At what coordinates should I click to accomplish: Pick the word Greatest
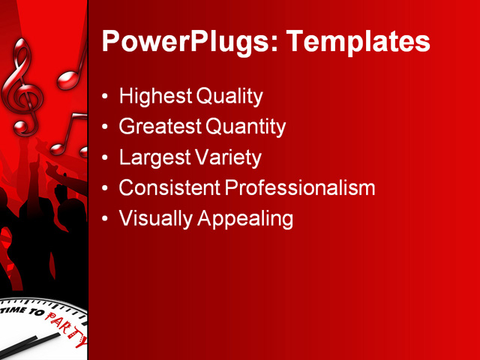tap(160, 127)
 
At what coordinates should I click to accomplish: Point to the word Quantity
tap(245, 127)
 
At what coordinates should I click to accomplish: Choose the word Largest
tap(153, 157)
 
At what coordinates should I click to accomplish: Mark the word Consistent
tap(168, 187)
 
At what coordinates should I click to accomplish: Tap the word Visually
tap(155, 218)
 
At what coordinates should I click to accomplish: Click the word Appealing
tap(244, 218)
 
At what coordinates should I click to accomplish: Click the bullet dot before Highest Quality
tap(105, 97)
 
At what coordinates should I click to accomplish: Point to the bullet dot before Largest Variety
tap(105, 158)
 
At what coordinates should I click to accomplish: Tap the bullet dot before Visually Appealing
tap(105, 219)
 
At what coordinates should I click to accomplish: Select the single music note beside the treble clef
tap(72, 67)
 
